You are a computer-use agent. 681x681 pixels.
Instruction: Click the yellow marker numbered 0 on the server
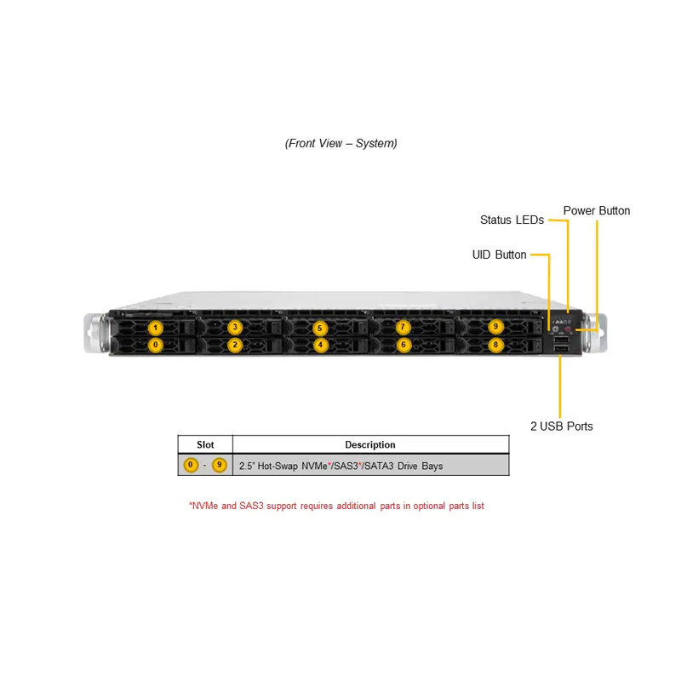[x=156, y=345]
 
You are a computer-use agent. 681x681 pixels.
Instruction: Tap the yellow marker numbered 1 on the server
[x=156, y=328]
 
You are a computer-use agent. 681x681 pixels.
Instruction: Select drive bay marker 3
[x=235, y=327]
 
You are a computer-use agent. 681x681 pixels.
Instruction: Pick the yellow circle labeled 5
[x=320, y=328]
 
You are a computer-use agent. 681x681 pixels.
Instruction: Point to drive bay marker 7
[x=403, y=327]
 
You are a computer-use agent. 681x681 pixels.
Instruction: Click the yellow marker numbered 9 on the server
[x=495, y=327]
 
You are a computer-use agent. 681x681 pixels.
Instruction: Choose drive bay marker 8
[x=495, y=345]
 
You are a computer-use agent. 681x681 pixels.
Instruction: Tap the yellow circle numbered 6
[x=403, y=345]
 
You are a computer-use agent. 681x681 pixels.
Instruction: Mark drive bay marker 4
[x=321, y=345]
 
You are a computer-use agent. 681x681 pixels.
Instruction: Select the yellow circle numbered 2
[x=235, y=345]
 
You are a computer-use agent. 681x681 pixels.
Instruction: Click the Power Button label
[x=597, y=210]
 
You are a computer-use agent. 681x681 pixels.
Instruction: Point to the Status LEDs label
[x=512, y=220]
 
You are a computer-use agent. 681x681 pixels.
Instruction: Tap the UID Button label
[x=499, y=255]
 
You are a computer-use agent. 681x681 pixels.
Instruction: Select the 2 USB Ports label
[x=562, y=426]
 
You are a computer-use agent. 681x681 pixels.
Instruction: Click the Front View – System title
[x=341, y=143]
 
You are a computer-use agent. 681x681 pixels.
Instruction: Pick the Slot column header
[x=205, y=444]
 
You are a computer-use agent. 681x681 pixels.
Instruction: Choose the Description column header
[x=370, y=444]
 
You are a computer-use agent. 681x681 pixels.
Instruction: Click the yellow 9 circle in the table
[x=220, y=465]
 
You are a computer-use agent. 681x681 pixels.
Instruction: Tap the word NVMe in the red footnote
[x=205, y=506]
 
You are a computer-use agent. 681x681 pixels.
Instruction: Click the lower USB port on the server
[x=561, y=347]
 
